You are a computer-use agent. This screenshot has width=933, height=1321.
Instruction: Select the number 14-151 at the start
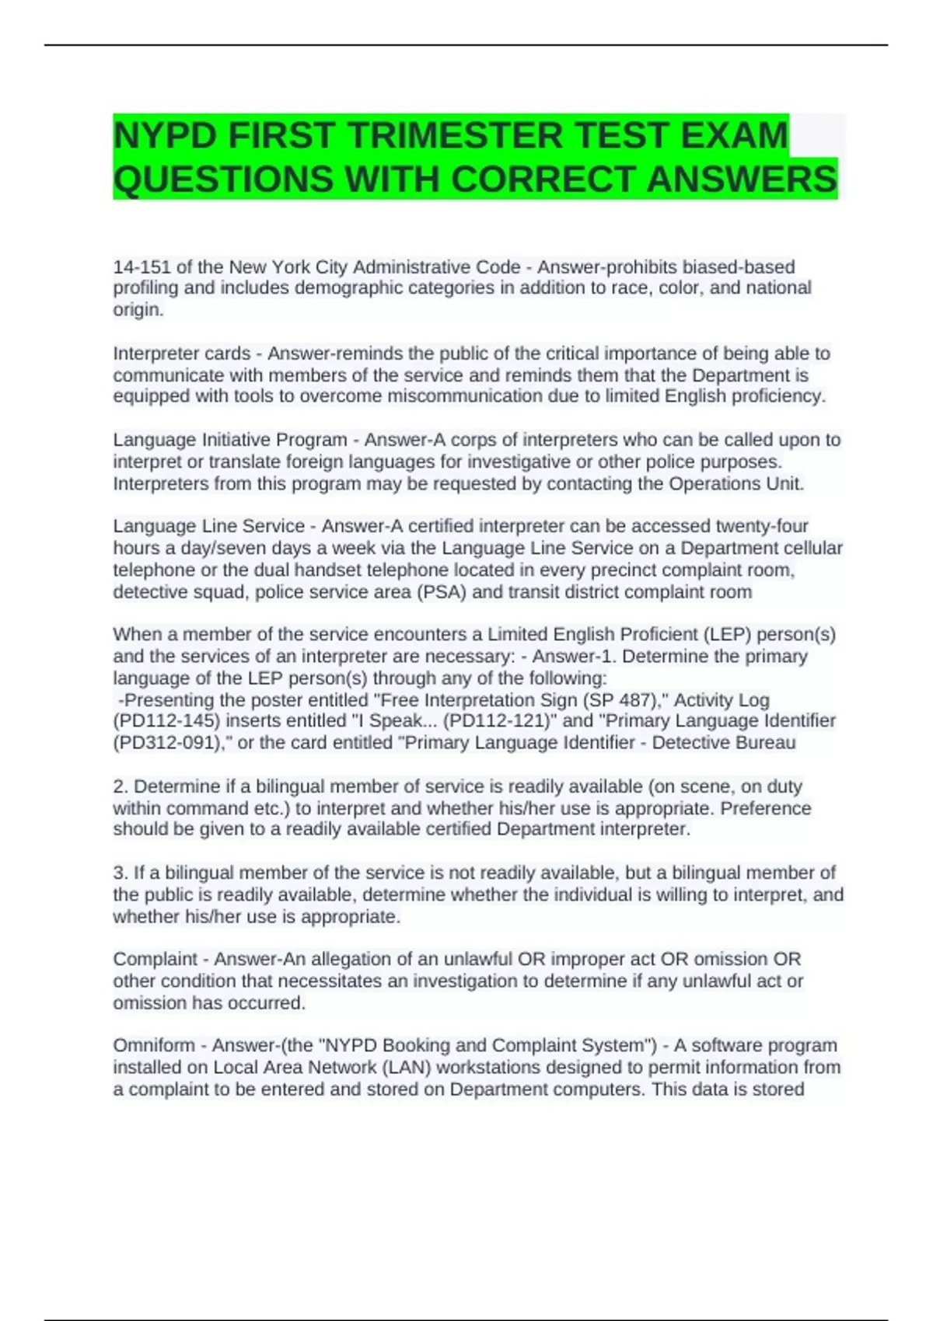click(x=142, y=267)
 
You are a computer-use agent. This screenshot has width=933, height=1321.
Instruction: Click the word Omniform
click(x=154, y=1045)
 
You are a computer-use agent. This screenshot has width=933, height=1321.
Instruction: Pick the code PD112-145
click(x=168, y=721)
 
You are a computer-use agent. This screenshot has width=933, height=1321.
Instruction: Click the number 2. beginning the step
click(x=121, y=786)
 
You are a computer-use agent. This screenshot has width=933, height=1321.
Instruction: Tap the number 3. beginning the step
click(x=121, y=873)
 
